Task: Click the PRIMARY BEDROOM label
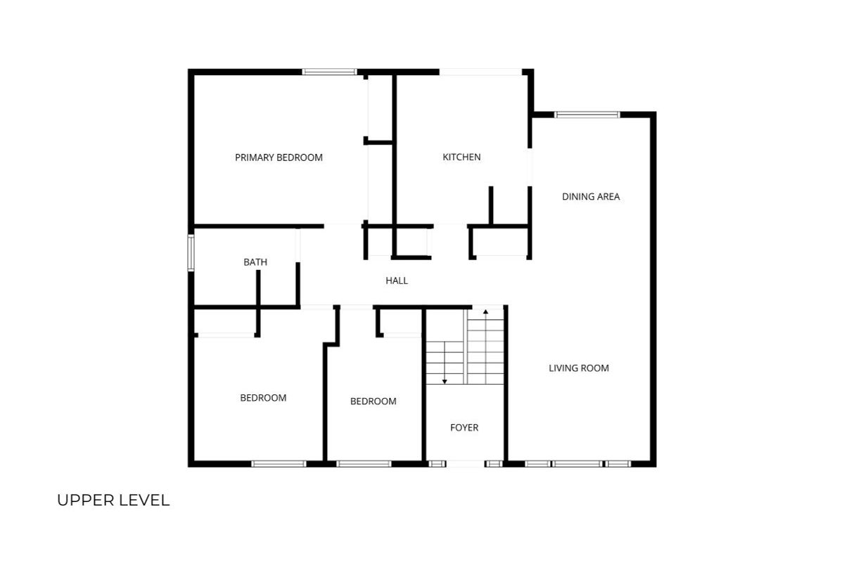tap(279, 157)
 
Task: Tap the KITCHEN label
tap(461, 157)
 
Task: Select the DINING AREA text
tap(591, 197)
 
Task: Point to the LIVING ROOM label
tap(579, 368)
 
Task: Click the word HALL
tap(397, 281)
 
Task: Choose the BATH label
tap(255, 262)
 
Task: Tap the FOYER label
tap(464, 427)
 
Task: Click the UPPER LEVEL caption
tap(113, 501)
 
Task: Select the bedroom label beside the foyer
tap(373, 401)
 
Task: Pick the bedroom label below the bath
tap(263, 398)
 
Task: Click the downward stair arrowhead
tap(445, 382)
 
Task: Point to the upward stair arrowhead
tap(486, 311)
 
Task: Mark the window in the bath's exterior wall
tap(191, 252)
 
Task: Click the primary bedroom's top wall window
tap(329, 72)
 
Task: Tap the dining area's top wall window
tap(587, 115)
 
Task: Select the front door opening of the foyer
tap(466, 464)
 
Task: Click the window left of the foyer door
tap(437, 464)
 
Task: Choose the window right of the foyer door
tap(494, 464)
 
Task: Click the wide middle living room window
tap(577, 464)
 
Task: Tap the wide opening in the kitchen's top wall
tap(480, 72)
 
